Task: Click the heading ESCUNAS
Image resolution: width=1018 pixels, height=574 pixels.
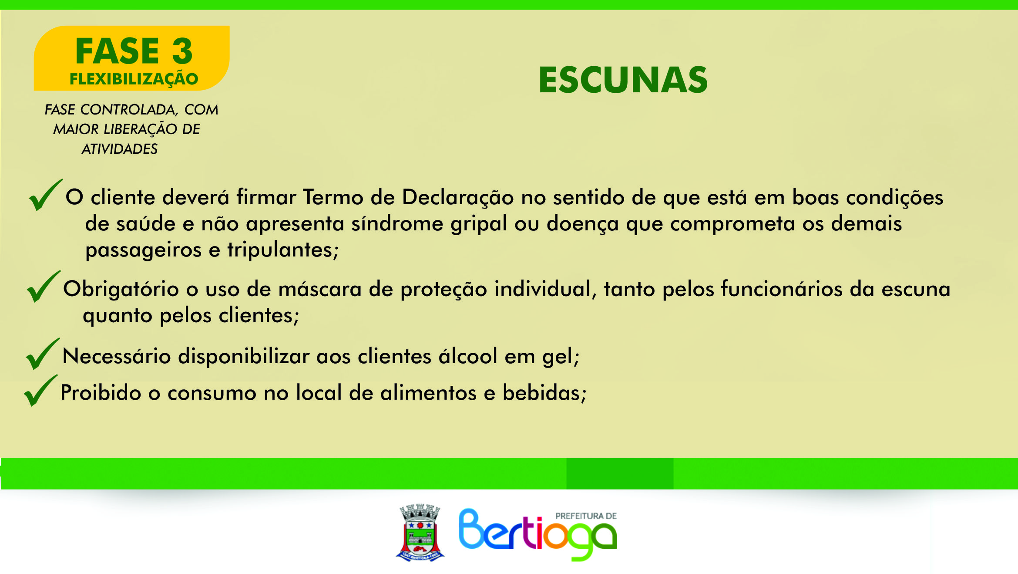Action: coord(623,80)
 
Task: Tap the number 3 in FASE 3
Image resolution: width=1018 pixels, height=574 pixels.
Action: coord(182,51)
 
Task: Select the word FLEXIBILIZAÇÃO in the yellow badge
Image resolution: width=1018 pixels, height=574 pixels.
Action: coord(134,79)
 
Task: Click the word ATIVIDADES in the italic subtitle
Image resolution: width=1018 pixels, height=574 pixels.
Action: coord(120,149)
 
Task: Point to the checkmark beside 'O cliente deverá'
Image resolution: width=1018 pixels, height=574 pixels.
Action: coord(45,196)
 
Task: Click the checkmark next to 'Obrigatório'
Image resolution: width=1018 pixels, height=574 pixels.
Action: coord(43,287)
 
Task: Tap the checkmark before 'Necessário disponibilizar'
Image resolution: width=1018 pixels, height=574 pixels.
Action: coord(42,355)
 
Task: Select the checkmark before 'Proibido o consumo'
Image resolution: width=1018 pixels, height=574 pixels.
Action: coord(40,391)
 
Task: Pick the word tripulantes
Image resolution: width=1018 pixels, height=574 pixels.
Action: coord(283,250)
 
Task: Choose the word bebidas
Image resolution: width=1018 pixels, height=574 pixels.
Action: coord(544,392)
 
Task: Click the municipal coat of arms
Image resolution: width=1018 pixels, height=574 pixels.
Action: coord(420,533)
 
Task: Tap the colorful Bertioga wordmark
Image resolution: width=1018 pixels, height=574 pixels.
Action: coord(538,535)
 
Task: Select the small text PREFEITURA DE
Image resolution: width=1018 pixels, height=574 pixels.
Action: coord(586,516)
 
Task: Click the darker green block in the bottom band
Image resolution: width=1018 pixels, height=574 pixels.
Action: coord(620,473)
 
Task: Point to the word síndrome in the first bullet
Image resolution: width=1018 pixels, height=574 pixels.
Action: coord(397,224)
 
